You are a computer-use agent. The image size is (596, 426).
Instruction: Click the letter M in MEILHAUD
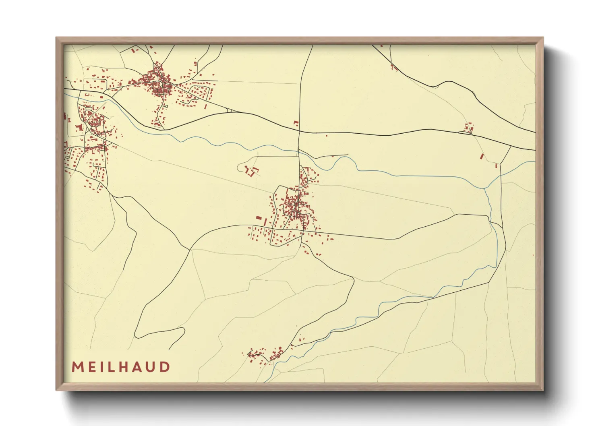click(x=77, y=367)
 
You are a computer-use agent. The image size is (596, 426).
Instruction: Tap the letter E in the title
click(x=91, y=367)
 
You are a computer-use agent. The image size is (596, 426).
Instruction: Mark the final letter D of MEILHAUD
click(x=165, y=367)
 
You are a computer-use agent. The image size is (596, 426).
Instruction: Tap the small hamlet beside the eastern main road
click(x=468, y=128)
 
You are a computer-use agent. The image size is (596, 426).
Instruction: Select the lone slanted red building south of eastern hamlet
click(x=482, y=156)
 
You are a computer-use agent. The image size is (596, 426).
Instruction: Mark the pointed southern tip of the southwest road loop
click(x=136, y=335)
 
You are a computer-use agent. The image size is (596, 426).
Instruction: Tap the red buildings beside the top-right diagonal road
click(x=393, y=66)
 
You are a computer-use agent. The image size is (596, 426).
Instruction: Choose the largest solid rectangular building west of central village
click(x=259, y=218)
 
